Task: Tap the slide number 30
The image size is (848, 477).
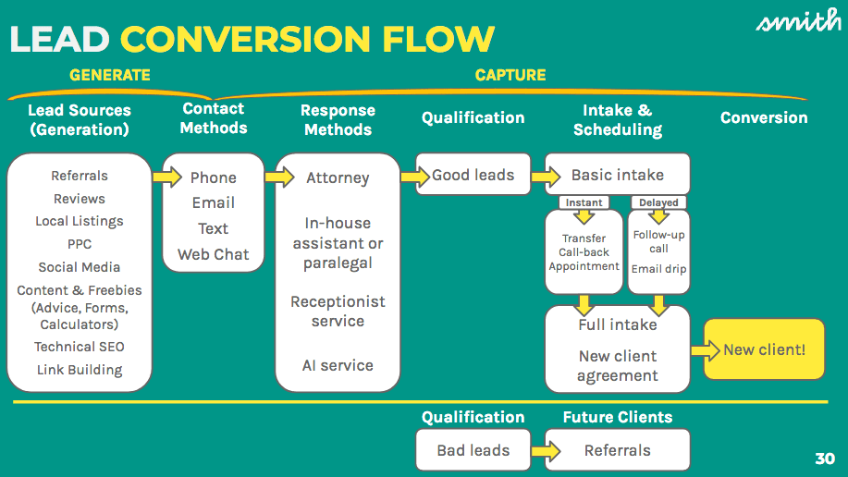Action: point(825,459)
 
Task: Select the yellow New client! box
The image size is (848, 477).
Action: point(764,349)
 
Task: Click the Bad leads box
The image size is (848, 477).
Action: point(473,451)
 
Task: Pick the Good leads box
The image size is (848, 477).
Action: point(473,175)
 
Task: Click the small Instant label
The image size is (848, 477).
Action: point(584,202)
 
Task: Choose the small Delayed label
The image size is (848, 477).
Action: point(658,202)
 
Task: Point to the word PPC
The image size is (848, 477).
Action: point(80,244)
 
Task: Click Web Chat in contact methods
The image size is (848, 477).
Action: point(214,254)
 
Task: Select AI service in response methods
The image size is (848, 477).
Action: point(338,365)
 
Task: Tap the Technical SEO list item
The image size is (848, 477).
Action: point(80,347)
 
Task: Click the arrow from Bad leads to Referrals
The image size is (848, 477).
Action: point(547,451)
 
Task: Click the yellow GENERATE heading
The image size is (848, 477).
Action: point(109,75)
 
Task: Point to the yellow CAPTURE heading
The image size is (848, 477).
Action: point(510,75)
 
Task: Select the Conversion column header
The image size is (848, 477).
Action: point(764,118)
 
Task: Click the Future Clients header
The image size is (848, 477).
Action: point(618,417)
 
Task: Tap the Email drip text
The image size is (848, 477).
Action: point(659,269)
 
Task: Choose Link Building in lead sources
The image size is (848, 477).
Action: point(80,370)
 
